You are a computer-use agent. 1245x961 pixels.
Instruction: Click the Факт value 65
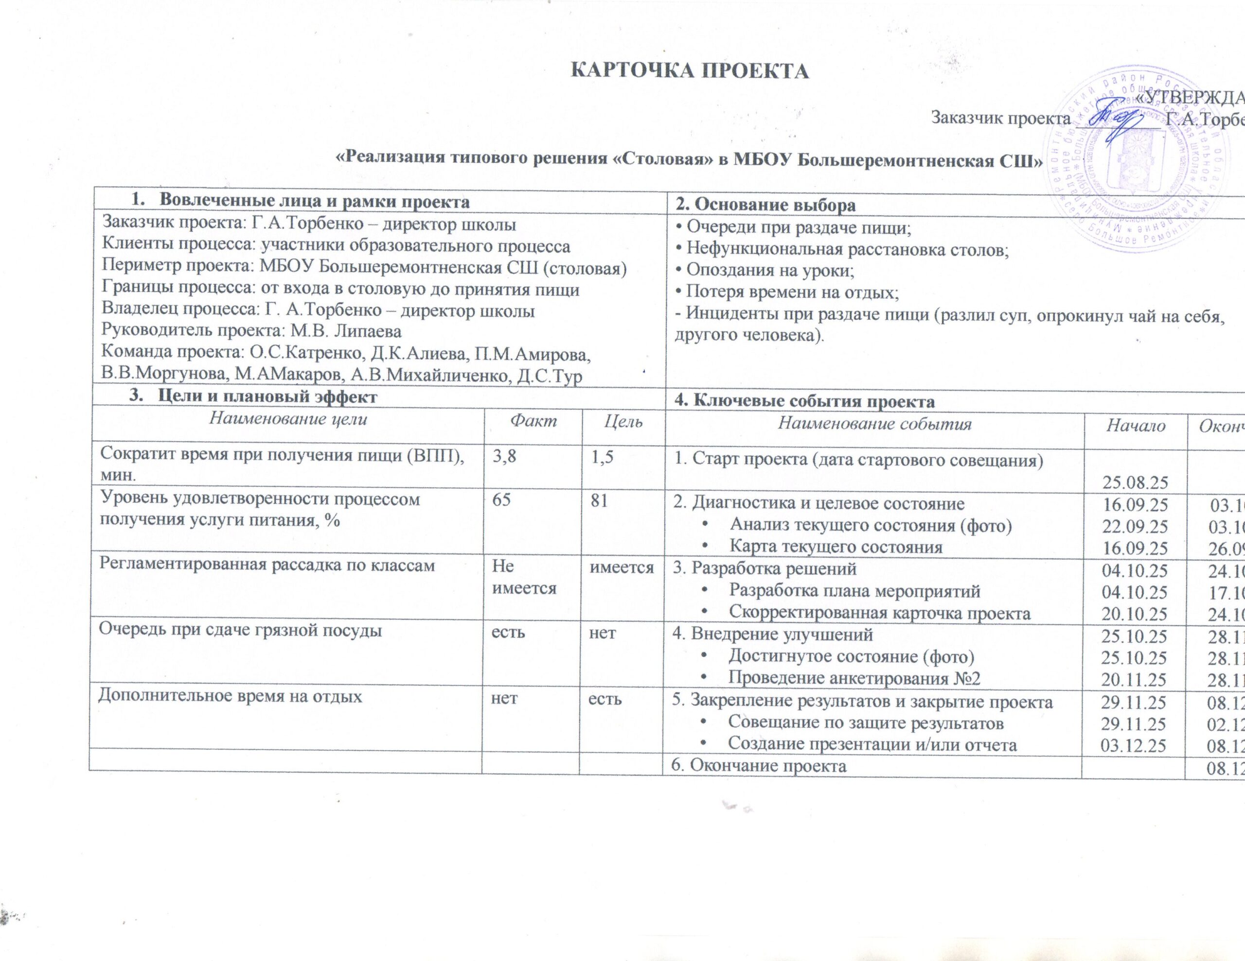point(502,500)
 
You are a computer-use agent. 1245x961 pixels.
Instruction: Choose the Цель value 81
point(599,500)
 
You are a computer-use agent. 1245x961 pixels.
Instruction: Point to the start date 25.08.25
point(1135,482)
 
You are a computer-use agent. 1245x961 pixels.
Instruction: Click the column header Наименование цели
point(288,420)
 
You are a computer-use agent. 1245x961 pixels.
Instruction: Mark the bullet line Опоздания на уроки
point(765,271)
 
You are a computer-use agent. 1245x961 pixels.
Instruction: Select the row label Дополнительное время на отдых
point(231,697)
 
